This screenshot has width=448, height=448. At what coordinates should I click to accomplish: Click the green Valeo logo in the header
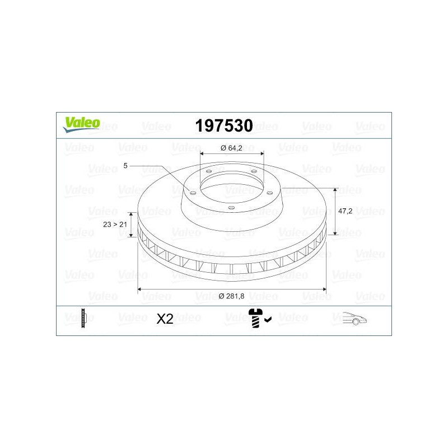tap(81, 124)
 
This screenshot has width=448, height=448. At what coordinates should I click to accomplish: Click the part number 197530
tap(224, 125)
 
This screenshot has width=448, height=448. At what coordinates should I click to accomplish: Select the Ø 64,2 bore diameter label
tap(231, 148)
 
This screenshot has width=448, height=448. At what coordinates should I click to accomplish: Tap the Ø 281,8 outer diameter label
tap(231, 296)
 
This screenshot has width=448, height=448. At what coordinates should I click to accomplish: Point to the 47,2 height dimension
tap(345, 211)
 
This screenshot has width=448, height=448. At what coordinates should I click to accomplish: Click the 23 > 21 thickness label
tap(115, 225)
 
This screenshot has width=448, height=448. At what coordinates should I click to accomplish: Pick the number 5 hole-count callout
tap(125, 166)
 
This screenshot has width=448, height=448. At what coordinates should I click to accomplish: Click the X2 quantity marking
tap(165, 319)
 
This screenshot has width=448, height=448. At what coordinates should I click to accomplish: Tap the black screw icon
tap(256, 318)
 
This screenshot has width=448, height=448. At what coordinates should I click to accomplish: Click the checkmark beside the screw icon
tap(268, 320)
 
